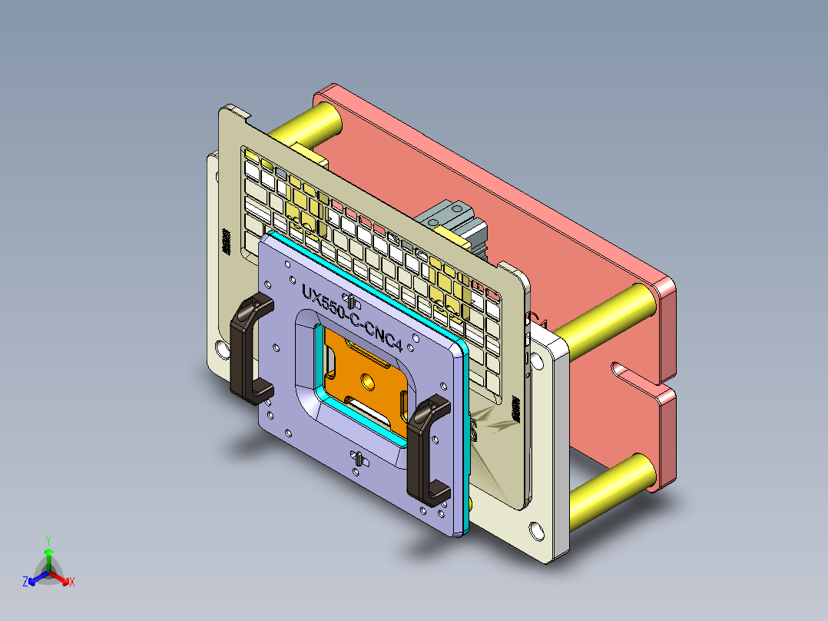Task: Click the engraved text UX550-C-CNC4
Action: pyautogui.click(x=353, y=317)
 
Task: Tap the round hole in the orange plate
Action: pyautogui.click(x=367, y=380)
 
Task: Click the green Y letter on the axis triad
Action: pyautogui.click(x=48, y=540)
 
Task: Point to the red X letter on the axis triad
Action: pyautogui.click(x=72, y=583)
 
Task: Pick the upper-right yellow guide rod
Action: pyautogui.click(x=607, y=315)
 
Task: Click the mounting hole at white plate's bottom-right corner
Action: pyautogui.click(x=535, y=530)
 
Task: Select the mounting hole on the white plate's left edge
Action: pyautogui.click(x=222, y=350)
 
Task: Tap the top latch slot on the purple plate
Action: pyautogui.click(x=349, y=299)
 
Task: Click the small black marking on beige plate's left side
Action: pyautogui.click(x=226, y=241)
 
